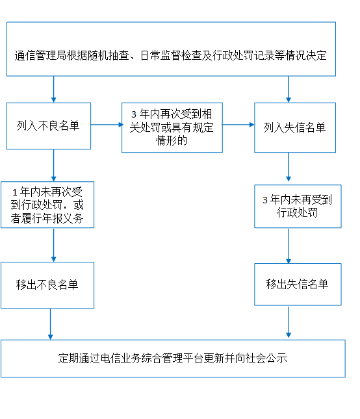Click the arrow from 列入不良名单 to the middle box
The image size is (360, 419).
point(107,125)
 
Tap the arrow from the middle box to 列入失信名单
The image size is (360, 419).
point(238,125)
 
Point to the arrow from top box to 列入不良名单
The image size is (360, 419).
point(54,89)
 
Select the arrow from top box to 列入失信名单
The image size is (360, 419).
point(289,89)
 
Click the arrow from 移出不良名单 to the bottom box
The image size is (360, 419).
point(51,324)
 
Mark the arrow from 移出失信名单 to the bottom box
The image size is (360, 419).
point(289,322)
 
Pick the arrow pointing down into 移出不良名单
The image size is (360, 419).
point(54,245)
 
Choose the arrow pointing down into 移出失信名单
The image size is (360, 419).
point(289,246)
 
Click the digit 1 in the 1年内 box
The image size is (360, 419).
point(15,192)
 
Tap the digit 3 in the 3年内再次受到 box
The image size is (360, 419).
point(134,114)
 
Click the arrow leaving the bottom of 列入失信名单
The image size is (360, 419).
point(289,167)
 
